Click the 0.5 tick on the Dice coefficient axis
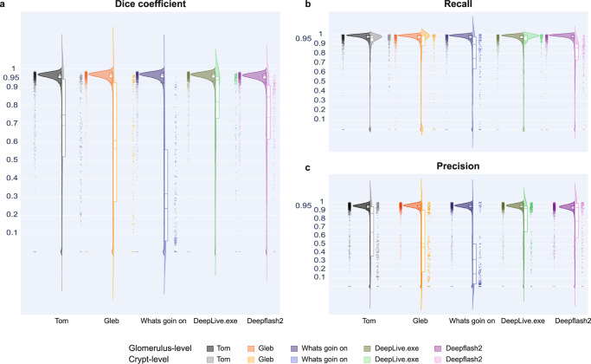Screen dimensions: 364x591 (16, 159)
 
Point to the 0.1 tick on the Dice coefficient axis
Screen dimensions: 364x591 (16, 233)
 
